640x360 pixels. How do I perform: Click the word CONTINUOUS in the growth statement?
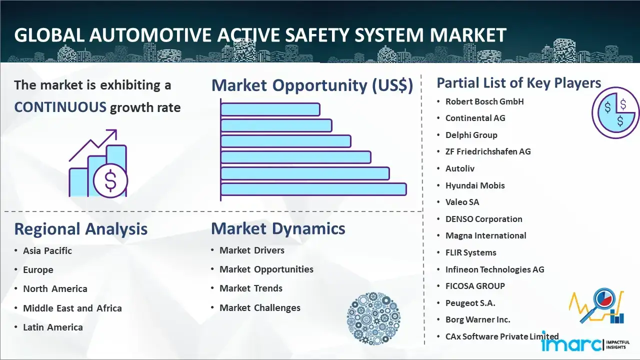click(x=60, y=107)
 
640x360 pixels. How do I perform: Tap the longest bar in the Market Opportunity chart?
click(x=313, y=189)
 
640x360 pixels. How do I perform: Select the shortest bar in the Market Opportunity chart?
click(x=270, y=109)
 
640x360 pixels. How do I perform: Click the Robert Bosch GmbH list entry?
click(x=484, y=101)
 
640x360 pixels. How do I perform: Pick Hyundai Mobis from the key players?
click(x=475, y=185)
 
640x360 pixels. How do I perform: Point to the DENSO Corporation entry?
click(x=483, y=219)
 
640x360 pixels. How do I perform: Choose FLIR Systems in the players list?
click(x=471, y=252)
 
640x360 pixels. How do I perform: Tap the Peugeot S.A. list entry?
click(x=470, y=303)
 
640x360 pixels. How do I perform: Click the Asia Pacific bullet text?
click(x=47, y=250)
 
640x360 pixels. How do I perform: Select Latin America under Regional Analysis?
click(x=53, y=327)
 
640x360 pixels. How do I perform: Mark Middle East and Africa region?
click(x=72, y=308)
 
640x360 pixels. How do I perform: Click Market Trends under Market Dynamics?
click(x=251, y=288)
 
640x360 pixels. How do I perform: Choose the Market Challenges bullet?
click(x=260, y=307)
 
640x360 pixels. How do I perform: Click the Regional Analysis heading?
click(x=81, y=229)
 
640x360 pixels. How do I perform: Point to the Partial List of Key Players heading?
click(x=519, y=83)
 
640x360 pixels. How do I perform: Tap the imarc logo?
click(x=585, y=344)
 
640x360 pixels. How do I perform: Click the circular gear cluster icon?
click(x=373, y=318)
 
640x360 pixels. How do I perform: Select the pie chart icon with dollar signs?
click(x=615, y=113)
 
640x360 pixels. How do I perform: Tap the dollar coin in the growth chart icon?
click(x=110, y=181)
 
